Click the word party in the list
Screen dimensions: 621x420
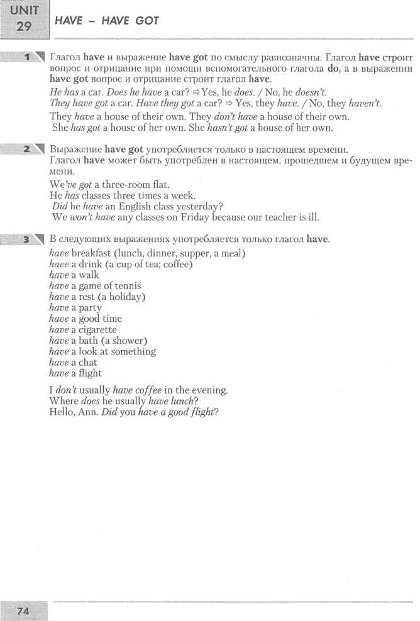[x=87, y=307]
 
